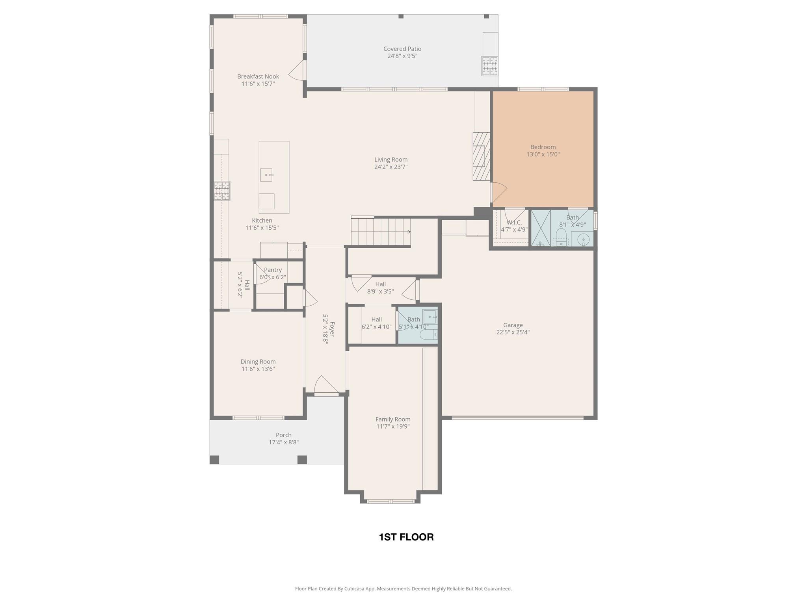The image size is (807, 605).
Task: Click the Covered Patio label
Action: point(402,49)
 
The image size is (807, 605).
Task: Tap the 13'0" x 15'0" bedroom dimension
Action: point(543,154)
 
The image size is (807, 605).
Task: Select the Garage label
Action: point(513,325)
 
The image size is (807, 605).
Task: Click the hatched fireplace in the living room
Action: point(481,156)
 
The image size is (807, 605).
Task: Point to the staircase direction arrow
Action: point(408,232)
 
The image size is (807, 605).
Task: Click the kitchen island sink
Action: point(266,175)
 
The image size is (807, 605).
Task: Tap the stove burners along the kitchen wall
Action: point(222,191)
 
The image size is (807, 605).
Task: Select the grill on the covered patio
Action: point(489,66)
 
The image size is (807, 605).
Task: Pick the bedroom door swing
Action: point(498,192)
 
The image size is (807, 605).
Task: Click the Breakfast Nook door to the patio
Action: point(298,71)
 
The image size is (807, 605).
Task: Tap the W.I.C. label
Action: point(514,223)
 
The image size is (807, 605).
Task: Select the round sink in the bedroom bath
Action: point(583,239)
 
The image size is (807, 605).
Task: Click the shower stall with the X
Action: point(541,228)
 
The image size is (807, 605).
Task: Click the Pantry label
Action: point(273,270)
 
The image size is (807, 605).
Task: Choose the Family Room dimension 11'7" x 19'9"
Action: point(392,426)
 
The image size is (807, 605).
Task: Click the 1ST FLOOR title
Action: point(406,537)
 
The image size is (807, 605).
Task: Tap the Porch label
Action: point(283,435)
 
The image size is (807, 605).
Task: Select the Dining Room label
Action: point(258,362)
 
